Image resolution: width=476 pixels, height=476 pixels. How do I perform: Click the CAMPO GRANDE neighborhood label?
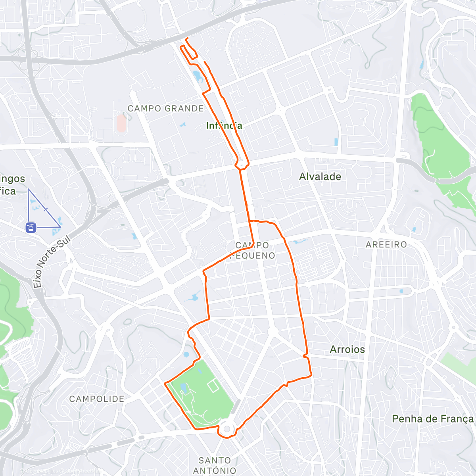[165, 108]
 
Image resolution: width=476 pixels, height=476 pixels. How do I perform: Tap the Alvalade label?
[320, 177]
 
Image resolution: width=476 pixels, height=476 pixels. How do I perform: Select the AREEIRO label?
[386, 244]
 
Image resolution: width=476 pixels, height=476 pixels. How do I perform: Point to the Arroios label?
[347, 349]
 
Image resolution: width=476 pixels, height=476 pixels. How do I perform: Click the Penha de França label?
[432, 419]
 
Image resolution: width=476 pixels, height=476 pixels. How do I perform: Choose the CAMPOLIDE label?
[97, 399]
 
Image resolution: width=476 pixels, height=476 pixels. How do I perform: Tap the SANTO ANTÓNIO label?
[215, 465]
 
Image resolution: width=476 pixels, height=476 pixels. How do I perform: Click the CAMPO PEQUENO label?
[253, 250]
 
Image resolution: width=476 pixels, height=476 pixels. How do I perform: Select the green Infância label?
[224, 126]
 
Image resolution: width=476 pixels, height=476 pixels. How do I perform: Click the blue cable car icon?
[31, 228]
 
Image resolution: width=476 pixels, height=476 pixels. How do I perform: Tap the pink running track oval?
[121, 123]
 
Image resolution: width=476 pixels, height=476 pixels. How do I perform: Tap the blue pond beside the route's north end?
[197, 76]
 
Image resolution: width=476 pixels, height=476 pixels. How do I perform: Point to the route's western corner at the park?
[165, 383]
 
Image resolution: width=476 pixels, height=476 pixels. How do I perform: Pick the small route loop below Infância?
[242, 163]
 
